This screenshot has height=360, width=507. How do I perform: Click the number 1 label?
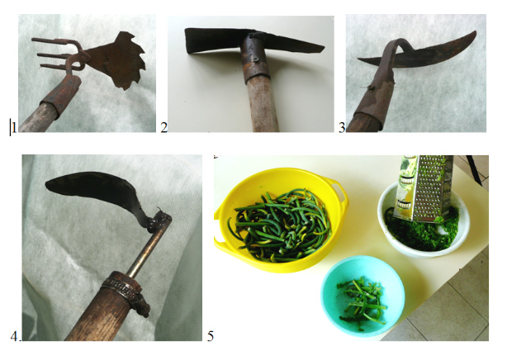(13, 128)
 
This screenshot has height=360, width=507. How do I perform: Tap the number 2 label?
(164, 128)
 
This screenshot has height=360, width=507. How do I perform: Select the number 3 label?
(342, 128)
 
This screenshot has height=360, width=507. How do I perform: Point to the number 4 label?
(15, 337)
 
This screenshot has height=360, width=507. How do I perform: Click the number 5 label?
(211, 336)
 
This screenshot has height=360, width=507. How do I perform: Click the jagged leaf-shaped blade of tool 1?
(117, 60)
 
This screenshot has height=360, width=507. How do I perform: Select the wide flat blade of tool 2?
(212, 40)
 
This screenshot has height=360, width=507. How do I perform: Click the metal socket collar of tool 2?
(255, 59)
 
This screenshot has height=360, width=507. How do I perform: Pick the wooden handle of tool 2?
(263, 104)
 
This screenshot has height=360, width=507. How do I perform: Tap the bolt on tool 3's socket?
(372, 87)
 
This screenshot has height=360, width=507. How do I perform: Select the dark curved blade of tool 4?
(97, 187)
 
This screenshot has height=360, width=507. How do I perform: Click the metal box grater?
(424, 188)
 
